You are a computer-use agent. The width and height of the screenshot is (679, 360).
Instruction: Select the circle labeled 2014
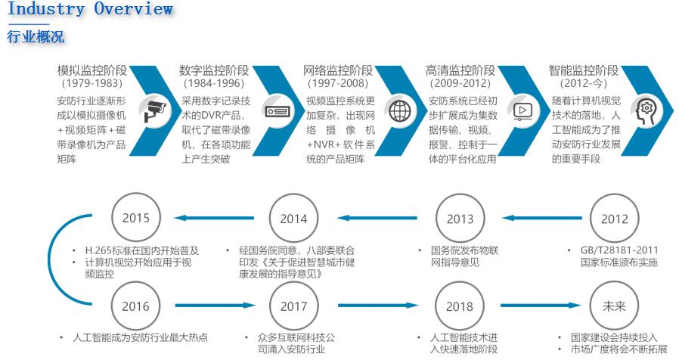pyautogui.click(x=293, y=219)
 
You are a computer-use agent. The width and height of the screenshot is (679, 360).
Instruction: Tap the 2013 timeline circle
pyautogui.click(x=460, y=219)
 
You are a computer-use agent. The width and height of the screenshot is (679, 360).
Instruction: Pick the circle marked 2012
pyautogui.click(x=614, y=219)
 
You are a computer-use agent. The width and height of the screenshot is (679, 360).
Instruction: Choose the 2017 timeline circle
pyautogui.click(x=293, y=306)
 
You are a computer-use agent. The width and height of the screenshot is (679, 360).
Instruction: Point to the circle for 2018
pyautogui.click(x=460, y=306)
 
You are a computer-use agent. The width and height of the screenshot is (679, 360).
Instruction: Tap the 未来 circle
pyautogui.click(x=614, y=306)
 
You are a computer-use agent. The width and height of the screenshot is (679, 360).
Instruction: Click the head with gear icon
pyautogui.click(x=646, y=111)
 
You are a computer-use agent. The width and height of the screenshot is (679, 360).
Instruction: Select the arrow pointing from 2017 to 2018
pyautogui.click(x=376, y=307)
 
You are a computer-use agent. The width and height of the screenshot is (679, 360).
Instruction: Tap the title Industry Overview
pyautogui.click(x=90, y=10)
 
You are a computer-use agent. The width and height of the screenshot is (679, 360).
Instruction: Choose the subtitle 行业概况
pyautogui.click(x=36, y=36)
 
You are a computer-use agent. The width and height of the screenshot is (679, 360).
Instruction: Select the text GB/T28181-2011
pyautogui.click(x=614, y=250)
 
